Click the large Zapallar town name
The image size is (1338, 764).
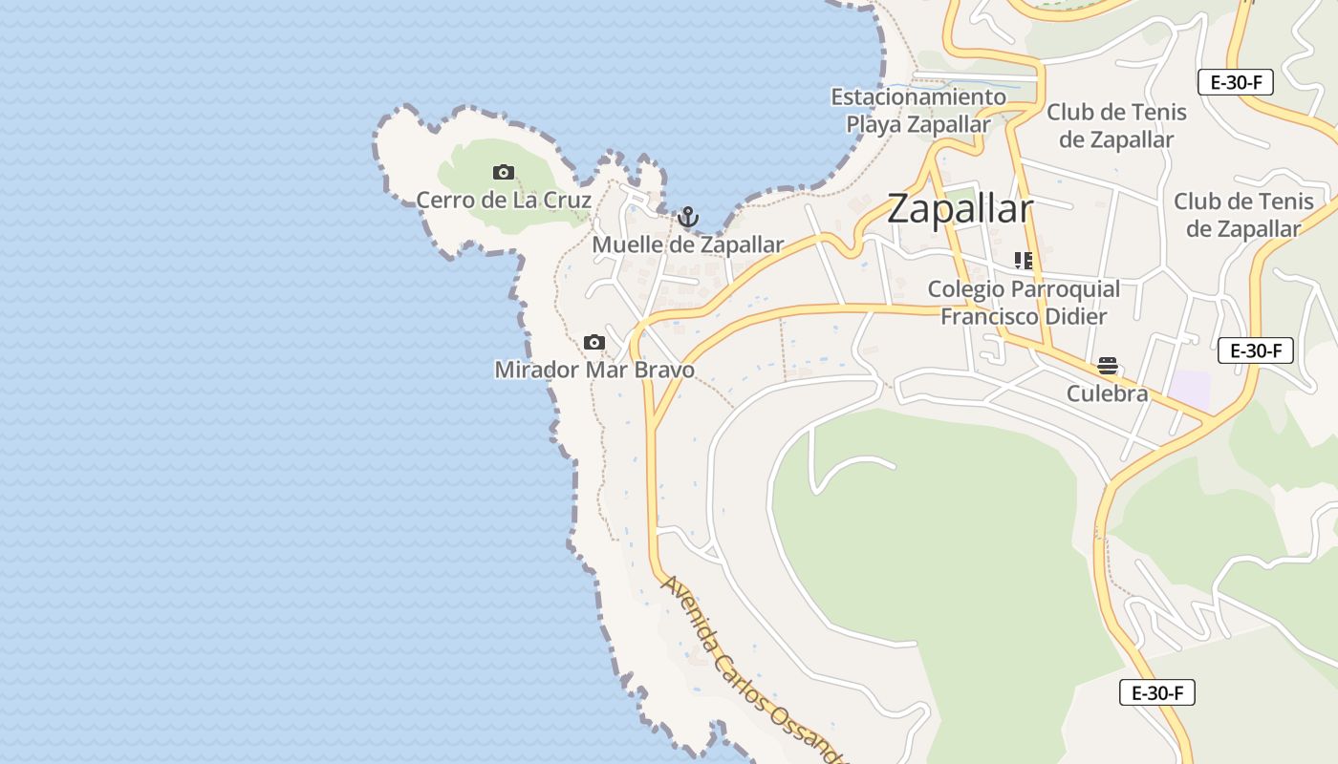tap(960, 209)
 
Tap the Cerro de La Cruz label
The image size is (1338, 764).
tap(504, 201)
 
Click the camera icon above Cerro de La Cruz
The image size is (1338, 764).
tap(504, 173)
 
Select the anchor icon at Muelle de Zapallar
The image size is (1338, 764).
tap(687, 218)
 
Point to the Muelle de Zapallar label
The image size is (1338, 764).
tap(687, 244)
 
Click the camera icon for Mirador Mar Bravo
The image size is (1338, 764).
tap(594, 342)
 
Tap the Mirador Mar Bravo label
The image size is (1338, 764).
tap(594, 370)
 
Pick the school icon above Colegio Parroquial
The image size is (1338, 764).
tap(1024, 261)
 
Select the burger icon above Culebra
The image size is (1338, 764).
tap(1108, 366)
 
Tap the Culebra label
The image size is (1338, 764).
tap(1108, 393)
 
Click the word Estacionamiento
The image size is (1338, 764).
tap(917, 97)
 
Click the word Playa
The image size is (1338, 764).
tap(874, 124)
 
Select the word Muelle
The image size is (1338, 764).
tap(627, 244)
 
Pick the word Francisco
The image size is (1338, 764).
tap(988, 316)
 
